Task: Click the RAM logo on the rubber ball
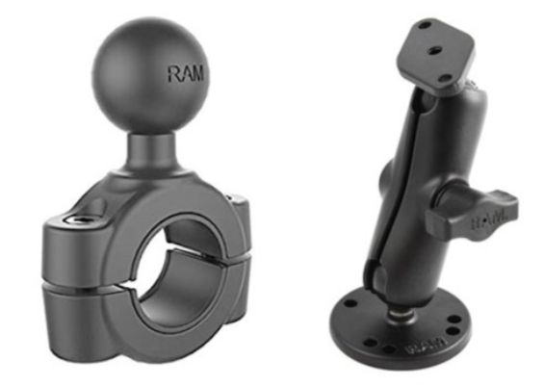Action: pos(187,74)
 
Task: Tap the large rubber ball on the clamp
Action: pos(148,68)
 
